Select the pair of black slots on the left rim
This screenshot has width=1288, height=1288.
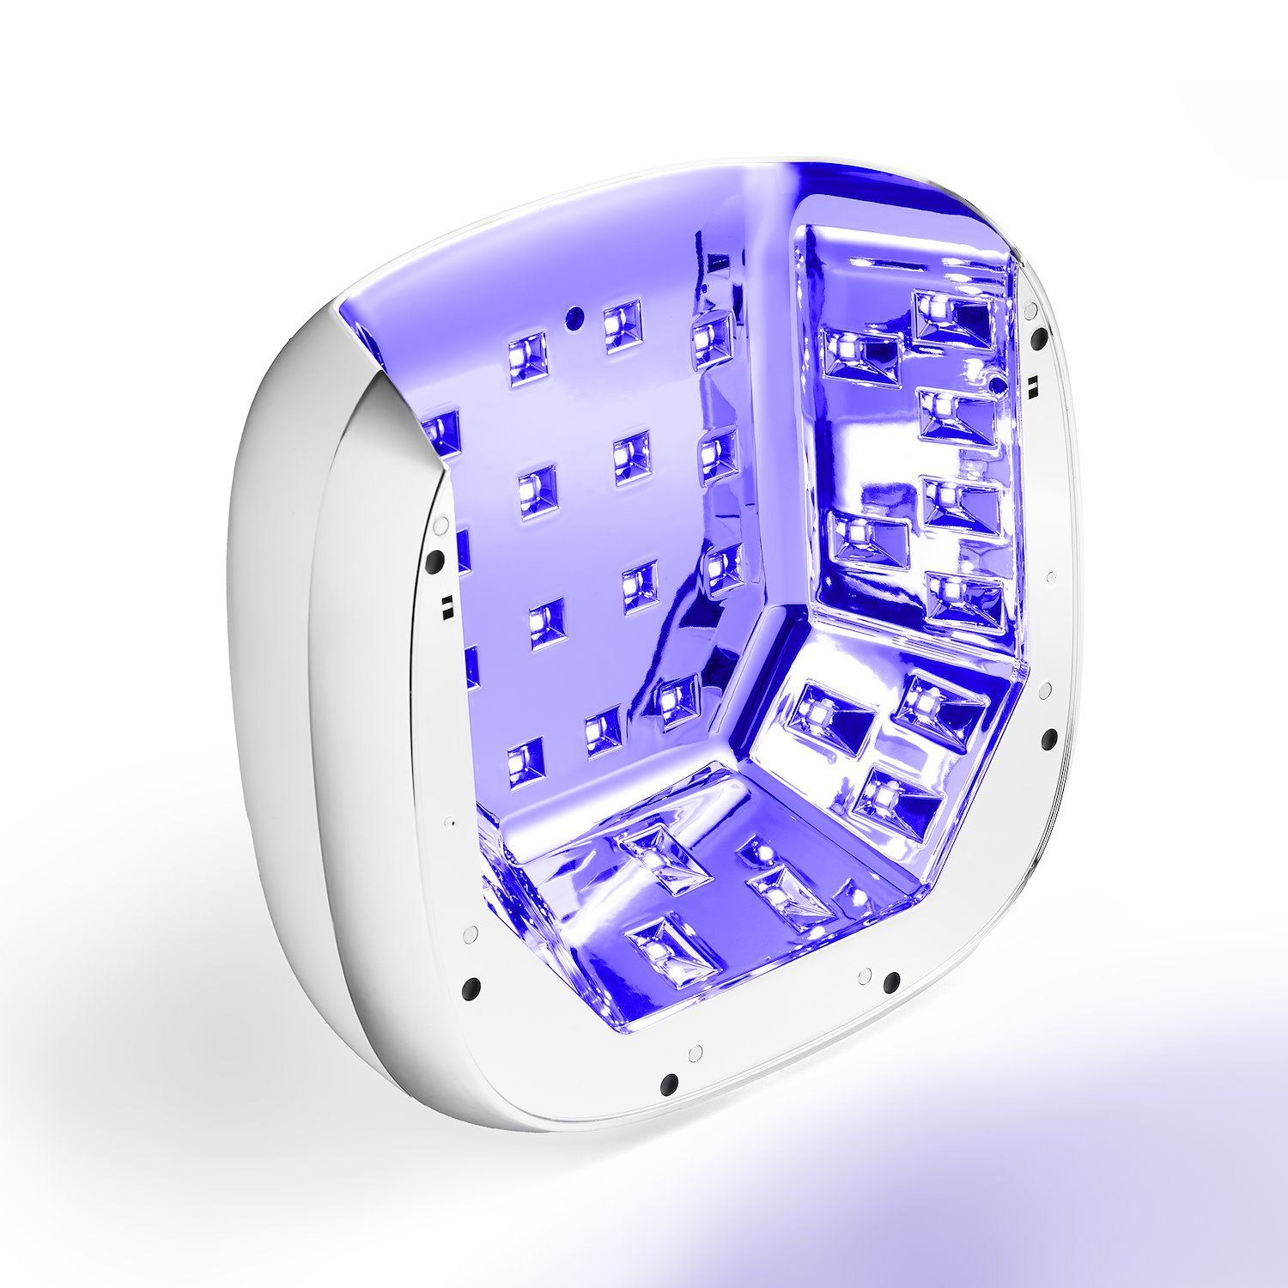[x=446, y=606]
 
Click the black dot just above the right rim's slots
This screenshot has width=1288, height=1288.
[x=1041, y=337]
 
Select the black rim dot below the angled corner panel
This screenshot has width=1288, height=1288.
[x=891, y=980]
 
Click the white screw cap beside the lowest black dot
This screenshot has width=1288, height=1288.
[x=695, y=1051]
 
